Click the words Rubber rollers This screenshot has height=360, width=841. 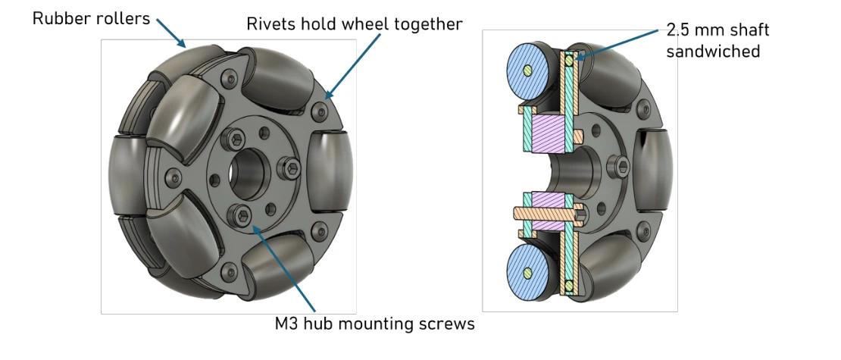tap(91, 18)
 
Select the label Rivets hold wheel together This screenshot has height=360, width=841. tap(354, 24)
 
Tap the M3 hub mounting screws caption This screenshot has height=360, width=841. tap(374, 324)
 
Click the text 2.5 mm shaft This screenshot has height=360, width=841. tap(718, 31)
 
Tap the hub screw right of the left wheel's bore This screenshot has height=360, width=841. tap(291, 167)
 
